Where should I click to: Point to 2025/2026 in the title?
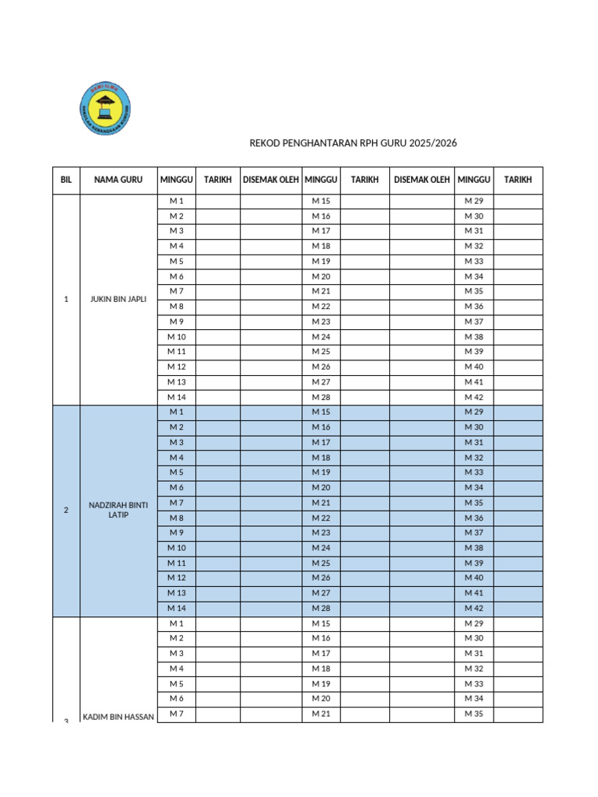click(434, 143)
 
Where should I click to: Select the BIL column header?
click(66, 180)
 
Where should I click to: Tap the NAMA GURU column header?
click(118, 180)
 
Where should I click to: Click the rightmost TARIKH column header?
click(518, 180)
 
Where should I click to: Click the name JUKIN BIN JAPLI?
click(118, 299)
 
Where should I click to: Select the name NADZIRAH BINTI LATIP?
click(118, 510)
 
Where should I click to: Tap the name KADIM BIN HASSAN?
click(118, 715)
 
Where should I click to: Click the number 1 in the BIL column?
click(66, 299)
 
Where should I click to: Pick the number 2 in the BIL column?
click(66, 510)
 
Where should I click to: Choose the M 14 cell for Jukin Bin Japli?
click(177, 397)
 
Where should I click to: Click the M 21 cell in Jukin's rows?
click(321, 291)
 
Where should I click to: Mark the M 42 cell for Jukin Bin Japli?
click(474, 397)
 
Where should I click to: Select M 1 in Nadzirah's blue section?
click(177, 412)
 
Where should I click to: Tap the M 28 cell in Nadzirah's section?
click(321, 608)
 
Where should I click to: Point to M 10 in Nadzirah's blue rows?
click(177, 548)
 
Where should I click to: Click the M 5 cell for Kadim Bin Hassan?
click(177, 683)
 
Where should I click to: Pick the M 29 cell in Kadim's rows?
click(474, 623)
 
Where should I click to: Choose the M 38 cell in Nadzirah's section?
click(474, 548)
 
